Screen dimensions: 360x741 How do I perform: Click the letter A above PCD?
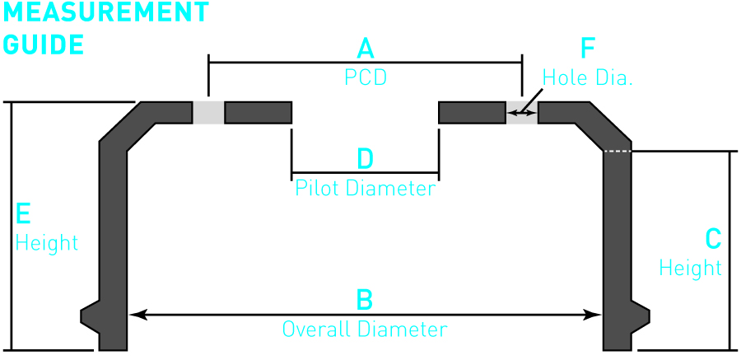tap(365, 49)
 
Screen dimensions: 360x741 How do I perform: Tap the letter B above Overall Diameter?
tap(364, 300)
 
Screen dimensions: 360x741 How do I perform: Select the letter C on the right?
tap(713, 239)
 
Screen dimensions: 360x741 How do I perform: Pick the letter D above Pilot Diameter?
tap(365, 158)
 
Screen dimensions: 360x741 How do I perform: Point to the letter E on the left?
tap(23, 214)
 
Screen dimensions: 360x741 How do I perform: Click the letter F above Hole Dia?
tap(588, 49)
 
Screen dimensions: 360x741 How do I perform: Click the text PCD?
tap(365, 78)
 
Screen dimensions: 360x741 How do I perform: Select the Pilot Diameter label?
tap(365, 189)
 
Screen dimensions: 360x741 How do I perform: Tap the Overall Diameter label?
tap(365, 330)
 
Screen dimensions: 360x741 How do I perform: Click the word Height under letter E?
tap(47, 243)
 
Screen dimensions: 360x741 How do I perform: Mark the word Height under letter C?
tap(690, 268)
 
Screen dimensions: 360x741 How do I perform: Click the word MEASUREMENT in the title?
tap(105, 12)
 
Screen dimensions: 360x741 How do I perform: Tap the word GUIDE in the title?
tap(44, 44)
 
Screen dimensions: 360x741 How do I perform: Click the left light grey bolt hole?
tap(208, 113)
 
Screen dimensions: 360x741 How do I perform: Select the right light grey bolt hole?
tap(521, 113)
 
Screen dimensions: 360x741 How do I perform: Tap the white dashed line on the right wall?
tap(617, 152)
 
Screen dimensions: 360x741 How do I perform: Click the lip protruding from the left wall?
tap(90, 316)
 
